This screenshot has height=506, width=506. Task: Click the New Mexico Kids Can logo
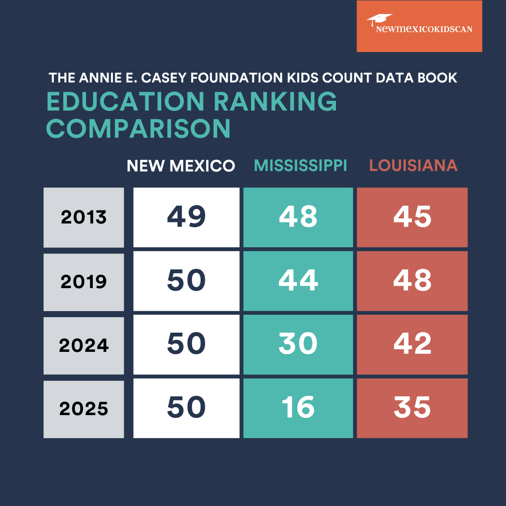[x=419, y=26]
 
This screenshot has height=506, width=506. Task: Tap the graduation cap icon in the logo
[x=379, y=19]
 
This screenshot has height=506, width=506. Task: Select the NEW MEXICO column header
[x=181, y=166]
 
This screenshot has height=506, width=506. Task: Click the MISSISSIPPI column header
[x=300, y=165]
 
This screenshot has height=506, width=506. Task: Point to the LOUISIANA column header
[x=413, y=165]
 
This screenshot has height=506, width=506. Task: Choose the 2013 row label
[x=84, y=217]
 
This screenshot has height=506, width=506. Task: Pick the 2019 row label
[x=84, y=282]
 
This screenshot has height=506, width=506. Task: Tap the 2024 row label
[x=84, y=346]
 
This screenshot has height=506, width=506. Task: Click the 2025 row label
[x=84, y=409]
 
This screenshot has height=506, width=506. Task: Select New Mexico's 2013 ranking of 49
[x=186, y=217]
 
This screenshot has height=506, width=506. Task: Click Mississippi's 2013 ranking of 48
[x=298, y=217]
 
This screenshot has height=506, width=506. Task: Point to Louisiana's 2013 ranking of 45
[x=412, y=217]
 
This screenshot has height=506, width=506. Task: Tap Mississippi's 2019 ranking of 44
[x=298, y=281]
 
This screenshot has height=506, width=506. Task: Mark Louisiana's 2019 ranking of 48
[x=412, y=281]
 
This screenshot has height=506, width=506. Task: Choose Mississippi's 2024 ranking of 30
[x=298, y=344]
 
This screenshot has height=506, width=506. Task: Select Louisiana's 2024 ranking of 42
[x=412, y=344]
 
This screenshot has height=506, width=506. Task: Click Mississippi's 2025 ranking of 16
[x=298, y=408]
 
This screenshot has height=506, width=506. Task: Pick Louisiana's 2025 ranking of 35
[x=412, y=408]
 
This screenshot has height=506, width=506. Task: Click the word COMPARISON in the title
[x=139, y=128]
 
